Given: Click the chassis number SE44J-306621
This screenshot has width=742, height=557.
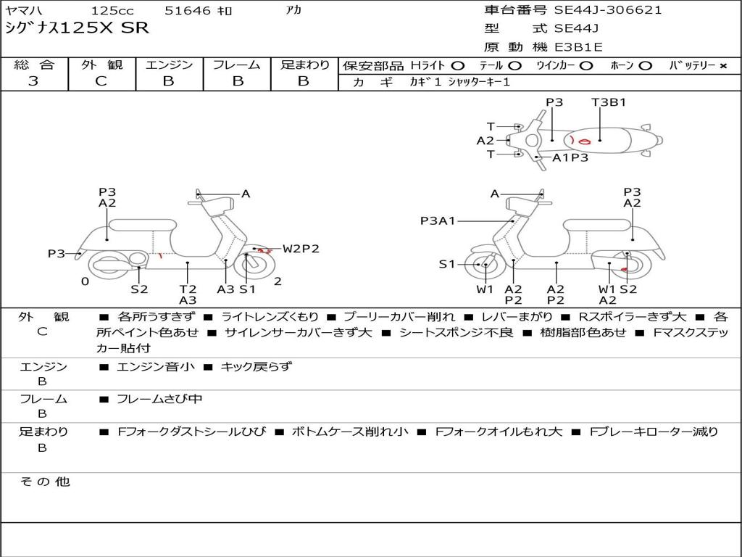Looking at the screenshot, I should coord(608,10).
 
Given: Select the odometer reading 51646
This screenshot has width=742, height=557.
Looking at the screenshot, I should coord(188,11).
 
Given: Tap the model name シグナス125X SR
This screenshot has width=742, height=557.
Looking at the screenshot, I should coord(77,28).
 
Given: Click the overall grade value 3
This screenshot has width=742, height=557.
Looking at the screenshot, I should coord(33,81).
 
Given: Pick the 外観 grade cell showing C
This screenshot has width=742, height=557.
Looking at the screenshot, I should coord(101,81).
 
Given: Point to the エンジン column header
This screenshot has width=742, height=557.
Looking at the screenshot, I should coord(169,65).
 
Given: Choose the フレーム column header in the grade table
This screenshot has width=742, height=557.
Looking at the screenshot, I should coord(237,65).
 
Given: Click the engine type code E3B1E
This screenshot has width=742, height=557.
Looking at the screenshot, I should coord(578,47).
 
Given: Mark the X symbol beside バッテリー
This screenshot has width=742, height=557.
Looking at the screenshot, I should coord(722,66).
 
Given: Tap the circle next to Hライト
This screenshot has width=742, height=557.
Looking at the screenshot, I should coord(458,66).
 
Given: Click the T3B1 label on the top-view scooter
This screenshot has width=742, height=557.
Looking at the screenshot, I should coord(609,102).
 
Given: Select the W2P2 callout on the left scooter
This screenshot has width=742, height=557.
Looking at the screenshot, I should coord(301,249).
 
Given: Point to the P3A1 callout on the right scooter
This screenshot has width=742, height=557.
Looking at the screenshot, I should coord(438,220).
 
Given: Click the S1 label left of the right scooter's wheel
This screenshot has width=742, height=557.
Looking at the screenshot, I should coord(447,265).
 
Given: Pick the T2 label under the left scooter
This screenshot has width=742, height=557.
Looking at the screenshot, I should coord(188,289).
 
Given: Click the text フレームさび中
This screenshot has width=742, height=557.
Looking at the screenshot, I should coord(159,399).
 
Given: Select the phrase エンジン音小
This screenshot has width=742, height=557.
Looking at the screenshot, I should coord(156,367).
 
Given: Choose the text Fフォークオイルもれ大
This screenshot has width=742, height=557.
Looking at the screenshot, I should coord(499,432).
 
